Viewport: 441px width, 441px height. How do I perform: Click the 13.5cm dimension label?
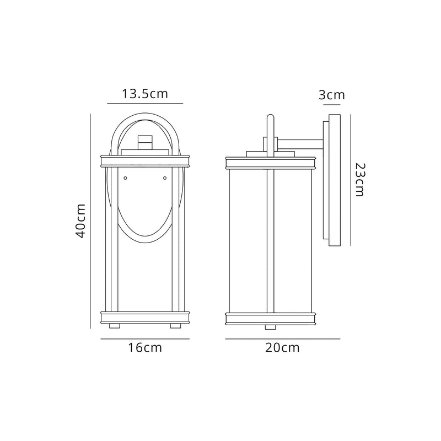click(145, 93)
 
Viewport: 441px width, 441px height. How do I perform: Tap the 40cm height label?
click(80, 220)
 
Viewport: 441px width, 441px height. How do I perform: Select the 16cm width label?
click(146, 348)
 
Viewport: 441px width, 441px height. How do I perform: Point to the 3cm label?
click(332, 95)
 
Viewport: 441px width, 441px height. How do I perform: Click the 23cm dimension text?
click(360, 180)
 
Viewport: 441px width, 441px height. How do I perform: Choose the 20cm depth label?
click(282, 348)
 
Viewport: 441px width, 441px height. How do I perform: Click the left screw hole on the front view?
click(125, 178)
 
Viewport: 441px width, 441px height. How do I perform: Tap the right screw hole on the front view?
click(165, 178)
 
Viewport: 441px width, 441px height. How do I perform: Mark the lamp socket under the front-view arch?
click(146, 142)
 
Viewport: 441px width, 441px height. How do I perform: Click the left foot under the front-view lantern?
click(115, 326)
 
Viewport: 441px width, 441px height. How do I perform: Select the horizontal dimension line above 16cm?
click(146, 338)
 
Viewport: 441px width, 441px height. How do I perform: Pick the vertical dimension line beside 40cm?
click(90, 220)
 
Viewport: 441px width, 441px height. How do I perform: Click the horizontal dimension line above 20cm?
click(283, 338)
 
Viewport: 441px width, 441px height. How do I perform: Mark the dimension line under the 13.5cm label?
click(145, 103)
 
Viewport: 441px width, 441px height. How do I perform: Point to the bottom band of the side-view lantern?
click(270, 318)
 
